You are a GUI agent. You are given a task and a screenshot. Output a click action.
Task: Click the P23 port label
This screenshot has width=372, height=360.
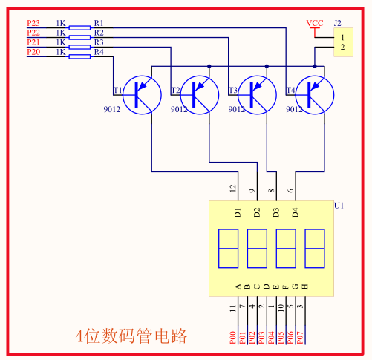click(x=33, y=23)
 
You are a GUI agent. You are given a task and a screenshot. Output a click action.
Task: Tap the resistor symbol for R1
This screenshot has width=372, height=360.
click(x=79, y=28)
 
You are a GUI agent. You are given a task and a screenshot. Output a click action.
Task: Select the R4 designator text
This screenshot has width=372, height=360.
click(x=99, y=52)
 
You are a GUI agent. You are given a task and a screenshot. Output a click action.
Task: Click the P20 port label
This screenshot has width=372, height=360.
click(x=33, y=52)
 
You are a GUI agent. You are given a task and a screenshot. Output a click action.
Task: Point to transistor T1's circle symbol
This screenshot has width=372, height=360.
click(x=142, y=95)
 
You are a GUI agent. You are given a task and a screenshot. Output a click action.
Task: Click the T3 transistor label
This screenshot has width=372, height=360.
click(x=232, y=91)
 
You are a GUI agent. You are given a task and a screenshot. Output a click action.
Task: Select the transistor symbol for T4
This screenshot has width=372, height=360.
click(x=315, y=95)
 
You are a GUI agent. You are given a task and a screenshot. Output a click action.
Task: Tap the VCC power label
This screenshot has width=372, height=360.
click(x=315, y=23)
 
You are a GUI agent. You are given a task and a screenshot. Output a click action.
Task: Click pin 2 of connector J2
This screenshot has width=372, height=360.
click(x=342, y=47)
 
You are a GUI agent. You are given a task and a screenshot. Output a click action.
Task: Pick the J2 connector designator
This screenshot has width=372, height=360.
click(x=337, y=23)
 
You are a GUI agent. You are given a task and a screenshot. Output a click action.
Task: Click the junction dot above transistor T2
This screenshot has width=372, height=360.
click(x=209, y=66)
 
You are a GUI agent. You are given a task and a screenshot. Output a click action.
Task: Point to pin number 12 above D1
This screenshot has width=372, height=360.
click(x=233, y=189)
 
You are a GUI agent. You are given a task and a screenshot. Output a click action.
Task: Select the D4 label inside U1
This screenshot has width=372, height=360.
click(x=296, y=212)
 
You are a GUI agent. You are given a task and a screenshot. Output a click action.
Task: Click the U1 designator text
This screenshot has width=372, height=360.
click(x=339, y=206)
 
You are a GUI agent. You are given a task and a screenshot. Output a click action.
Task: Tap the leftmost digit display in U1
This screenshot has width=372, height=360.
click(x=228, y=249)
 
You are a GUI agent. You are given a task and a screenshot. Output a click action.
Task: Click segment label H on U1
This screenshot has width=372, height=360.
click(x=305, y=287)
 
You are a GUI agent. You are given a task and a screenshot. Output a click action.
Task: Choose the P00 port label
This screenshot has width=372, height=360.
click(x=232, y=338)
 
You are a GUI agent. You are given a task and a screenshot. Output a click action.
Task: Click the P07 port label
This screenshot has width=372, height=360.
click(x=300, y=338)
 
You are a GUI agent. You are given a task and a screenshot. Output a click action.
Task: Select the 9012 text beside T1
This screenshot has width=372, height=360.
click(x=112, y=109)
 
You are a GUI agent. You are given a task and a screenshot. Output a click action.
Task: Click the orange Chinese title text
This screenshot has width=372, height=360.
click(x=131, y=336)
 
